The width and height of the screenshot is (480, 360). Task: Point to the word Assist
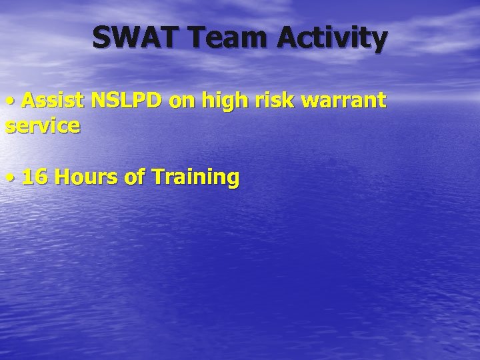coord(53,101)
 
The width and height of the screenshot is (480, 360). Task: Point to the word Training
coord(195,178)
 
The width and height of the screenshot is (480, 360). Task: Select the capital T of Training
coord(158,177)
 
